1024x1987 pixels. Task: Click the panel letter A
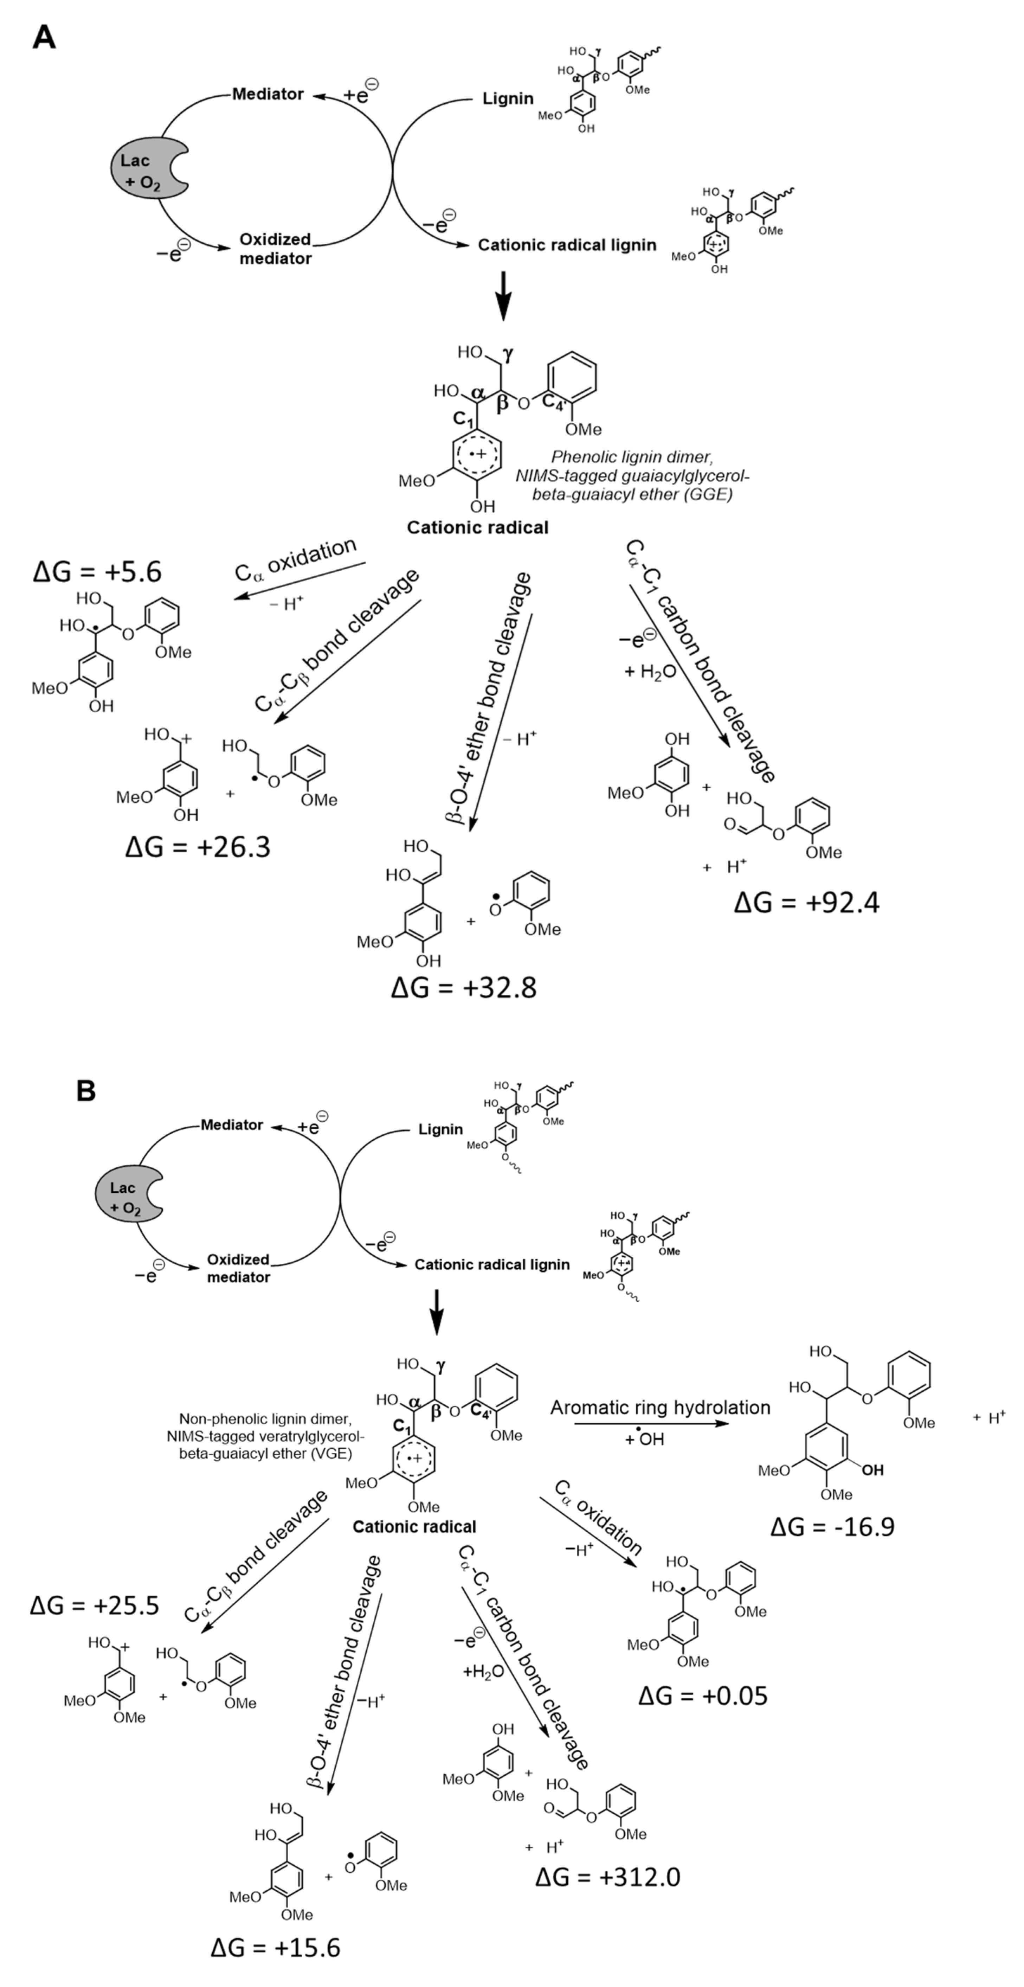(x=44, y=37)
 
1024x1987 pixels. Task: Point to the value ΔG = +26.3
(x=198, y=847)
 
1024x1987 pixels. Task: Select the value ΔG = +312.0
(x=607, y=1877)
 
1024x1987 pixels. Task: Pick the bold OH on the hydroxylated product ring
(x=872, y=1470)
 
